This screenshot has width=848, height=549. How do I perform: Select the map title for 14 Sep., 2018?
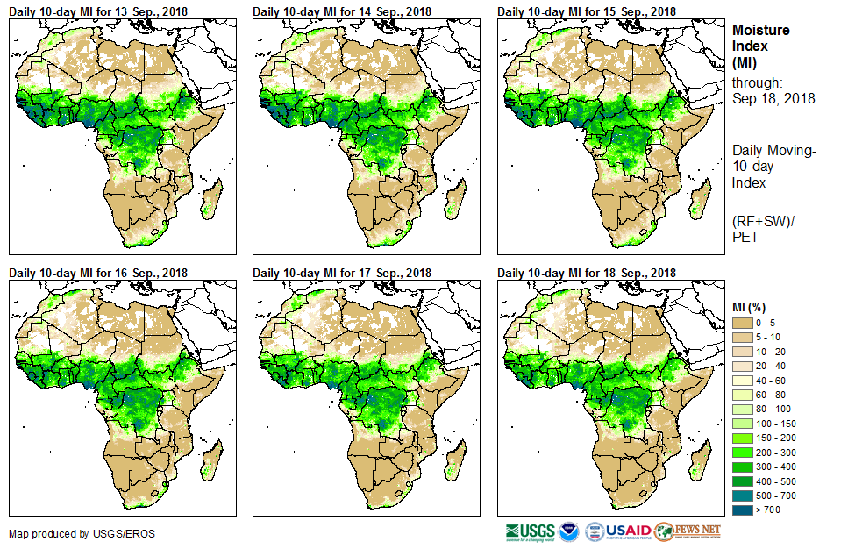(x=342, y=11)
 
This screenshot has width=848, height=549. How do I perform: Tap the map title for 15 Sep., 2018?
(x=587, y=11)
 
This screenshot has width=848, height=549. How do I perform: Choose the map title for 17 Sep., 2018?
(x=342, y=273)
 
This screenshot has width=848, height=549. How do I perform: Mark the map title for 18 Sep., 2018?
(x=587, y=273)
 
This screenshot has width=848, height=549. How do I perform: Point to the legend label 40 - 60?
(x=773, y=381)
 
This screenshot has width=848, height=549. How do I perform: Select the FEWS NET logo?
(x=688, y=531)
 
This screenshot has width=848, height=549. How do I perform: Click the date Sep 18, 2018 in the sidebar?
(x=773, y=98)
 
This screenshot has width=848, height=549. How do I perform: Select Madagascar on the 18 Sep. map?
(x=698, y=464)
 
